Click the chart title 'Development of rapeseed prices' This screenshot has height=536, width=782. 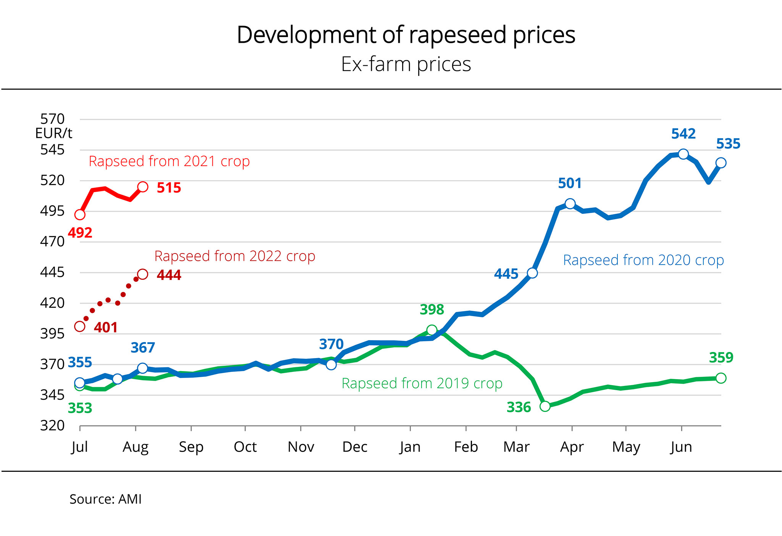coord(406,35)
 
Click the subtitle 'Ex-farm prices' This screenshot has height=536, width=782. coord(406,64)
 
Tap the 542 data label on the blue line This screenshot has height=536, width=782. coord(683,134)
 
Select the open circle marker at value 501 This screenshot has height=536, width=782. coord(570,204)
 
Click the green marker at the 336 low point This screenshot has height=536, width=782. coord(545,406)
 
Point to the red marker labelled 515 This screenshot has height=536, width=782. coord(143,187)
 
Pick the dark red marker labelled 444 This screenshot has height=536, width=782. coord(143,274)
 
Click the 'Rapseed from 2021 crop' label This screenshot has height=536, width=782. coord(169,161)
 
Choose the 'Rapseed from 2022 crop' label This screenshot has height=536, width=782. coord(235,256)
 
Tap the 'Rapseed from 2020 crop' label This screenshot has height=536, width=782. coord(643,260)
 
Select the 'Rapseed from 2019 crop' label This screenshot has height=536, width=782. coord(422,383)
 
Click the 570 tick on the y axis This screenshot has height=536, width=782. coord(52,119)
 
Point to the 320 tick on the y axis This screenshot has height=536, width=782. coord(52,426)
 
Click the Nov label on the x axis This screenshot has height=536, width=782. coord(301,447)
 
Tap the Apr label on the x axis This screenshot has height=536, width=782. coord(572,447)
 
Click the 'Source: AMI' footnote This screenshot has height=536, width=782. coord(105,499)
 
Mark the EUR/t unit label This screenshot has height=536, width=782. coord(53,133)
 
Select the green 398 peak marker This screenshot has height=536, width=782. coord(432,330)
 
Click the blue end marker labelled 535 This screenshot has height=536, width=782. coord(721,163)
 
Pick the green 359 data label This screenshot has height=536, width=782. coord(721,358)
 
